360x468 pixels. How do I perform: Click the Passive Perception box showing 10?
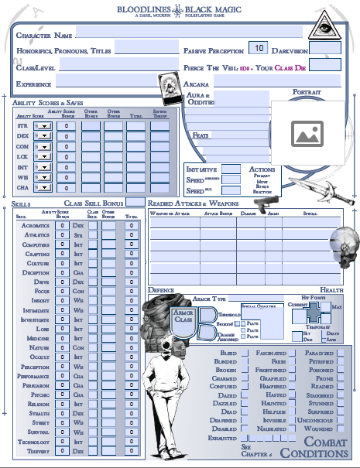pos(259,49)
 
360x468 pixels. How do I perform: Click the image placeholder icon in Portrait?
pos(307,135)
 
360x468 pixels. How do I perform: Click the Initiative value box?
pos(231,169)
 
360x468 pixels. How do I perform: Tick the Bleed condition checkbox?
pos(243,352)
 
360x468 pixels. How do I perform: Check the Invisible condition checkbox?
pos(295,413)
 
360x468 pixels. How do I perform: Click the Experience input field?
pos(101,82)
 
